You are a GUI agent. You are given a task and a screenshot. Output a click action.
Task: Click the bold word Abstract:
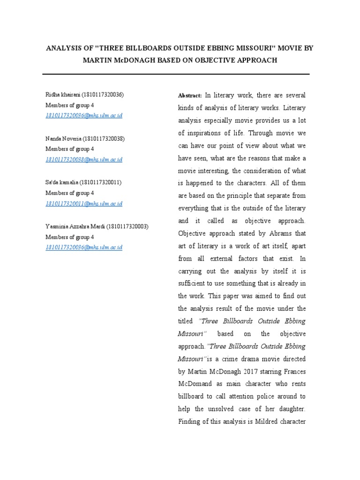click(190, 95)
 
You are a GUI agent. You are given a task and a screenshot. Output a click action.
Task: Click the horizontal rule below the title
click(176, 74)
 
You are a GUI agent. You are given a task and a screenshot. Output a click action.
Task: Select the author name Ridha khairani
click(62, 95)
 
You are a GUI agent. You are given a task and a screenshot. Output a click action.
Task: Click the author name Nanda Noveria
click(63, 139)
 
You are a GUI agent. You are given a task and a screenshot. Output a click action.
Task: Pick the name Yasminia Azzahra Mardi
click(75, 226)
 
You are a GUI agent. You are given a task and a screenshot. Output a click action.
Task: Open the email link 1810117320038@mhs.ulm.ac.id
click(84, 159)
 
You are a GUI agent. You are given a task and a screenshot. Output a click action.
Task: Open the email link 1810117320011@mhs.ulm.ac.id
click(84, 203)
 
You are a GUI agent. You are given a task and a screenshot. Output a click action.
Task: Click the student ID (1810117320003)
click(127, 226)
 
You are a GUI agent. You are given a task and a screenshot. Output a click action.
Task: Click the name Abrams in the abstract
click(280, 233)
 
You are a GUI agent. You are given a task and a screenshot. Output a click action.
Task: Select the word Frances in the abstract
click(293, 371)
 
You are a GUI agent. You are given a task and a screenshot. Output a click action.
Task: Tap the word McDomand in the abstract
click(193, 384)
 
